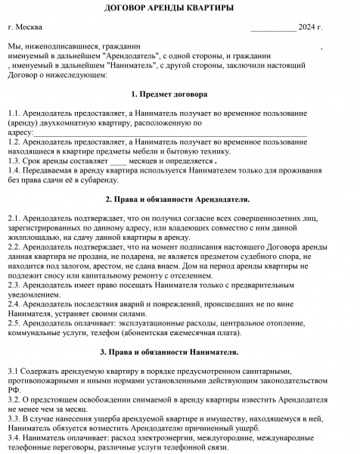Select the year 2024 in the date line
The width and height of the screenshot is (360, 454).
[x=307, y=28]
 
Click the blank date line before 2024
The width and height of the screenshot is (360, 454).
[x=273, y=29]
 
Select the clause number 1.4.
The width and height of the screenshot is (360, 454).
[x=14, y=171]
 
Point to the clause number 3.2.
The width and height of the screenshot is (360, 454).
[x=14, y=398]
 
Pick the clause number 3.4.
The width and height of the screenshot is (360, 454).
[x=14, y=437]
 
